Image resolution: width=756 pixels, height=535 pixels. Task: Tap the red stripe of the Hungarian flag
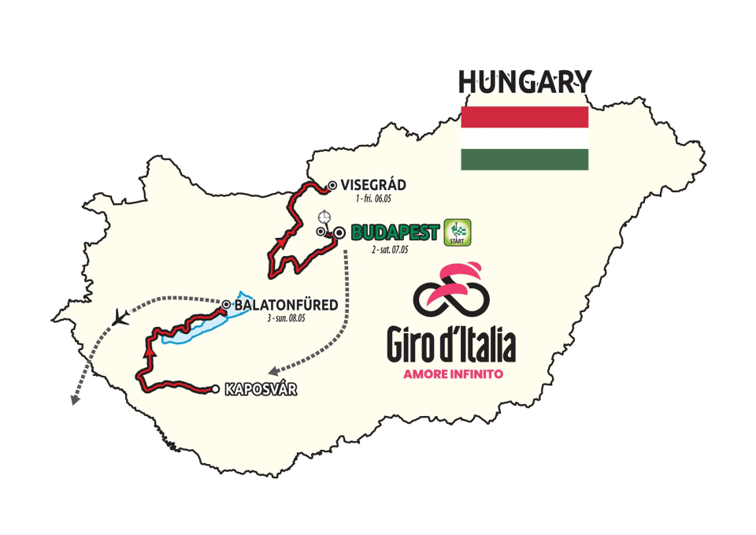[x=524, y=117]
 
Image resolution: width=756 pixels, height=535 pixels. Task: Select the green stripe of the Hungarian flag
[x=524, y=160]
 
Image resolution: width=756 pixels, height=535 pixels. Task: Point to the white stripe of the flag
[x=524, y=139]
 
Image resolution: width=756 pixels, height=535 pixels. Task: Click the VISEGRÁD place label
[x=372, y=185]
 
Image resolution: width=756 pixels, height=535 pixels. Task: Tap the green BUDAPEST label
[x=395, y=232]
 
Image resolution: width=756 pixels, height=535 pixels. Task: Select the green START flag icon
[x=458, y=232]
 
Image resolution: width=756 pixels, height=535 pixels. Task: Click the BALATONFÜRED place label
[x=285, y=304]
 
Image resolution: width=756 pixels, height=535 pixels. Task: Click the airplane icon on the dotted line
[x=120, y=318]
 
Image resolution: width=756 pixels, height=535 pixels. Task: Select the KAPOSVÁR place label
[x=261, y=388]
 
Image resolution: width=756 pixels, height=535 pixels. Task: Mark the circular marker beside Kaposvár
[x=214, y=388]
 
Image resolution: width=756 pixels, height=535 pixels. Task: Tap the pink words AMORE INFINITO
[x=452, y=374]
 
